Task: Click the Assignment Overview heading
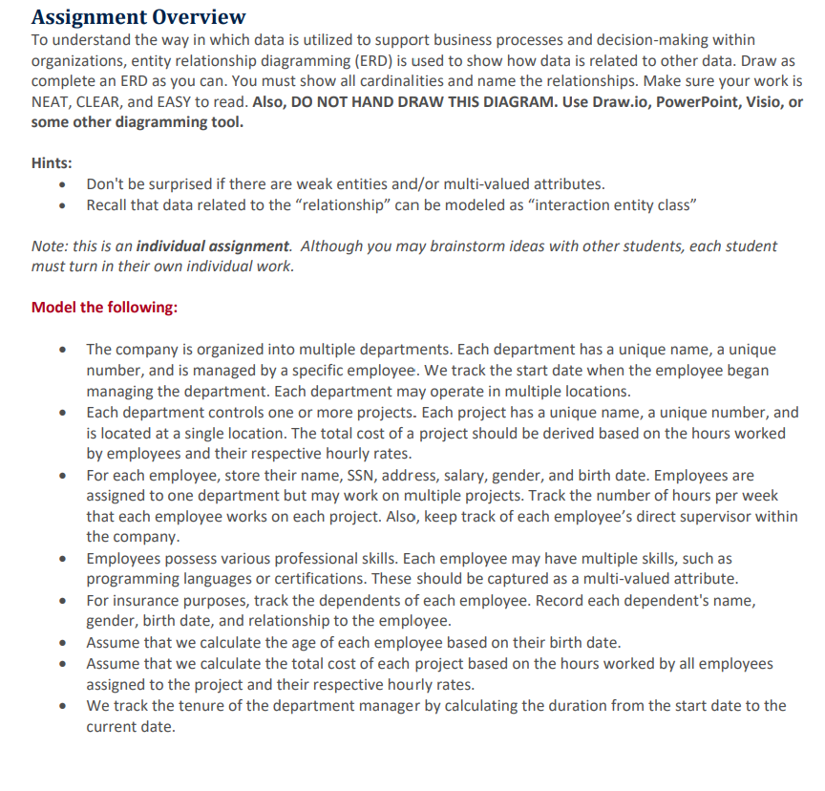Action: pos(138,16)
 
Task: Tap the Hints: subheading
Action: pos(53,163)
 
